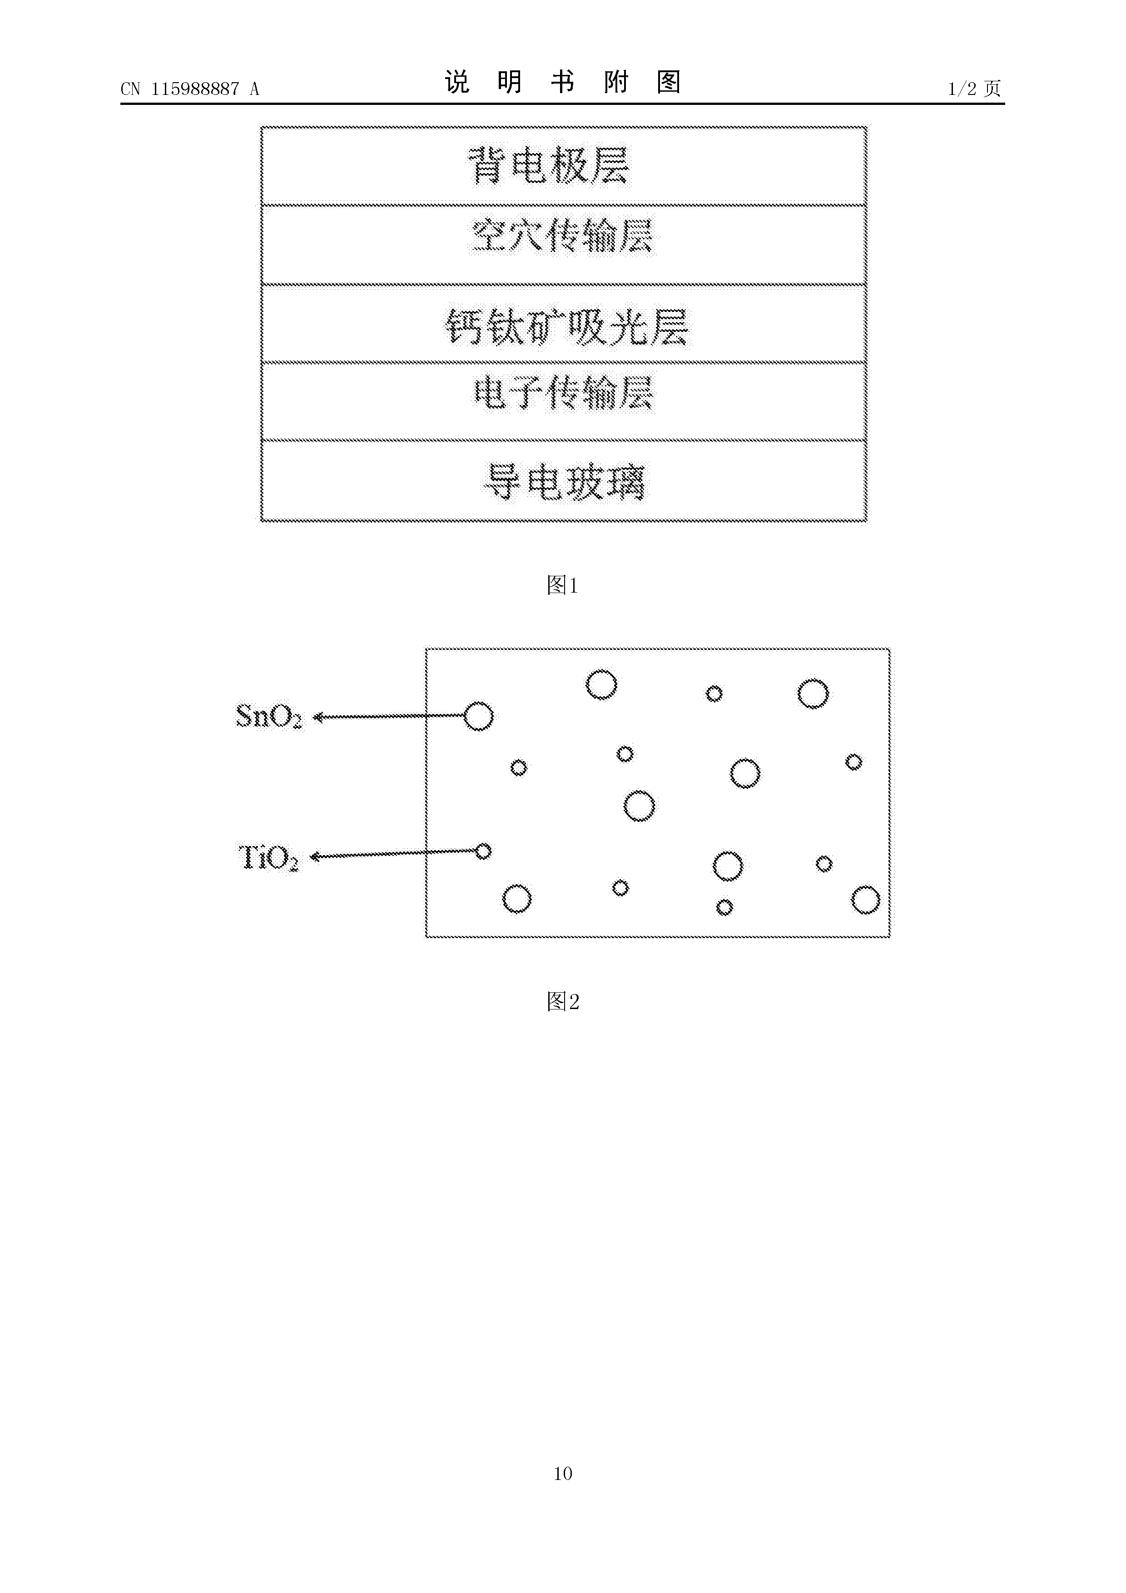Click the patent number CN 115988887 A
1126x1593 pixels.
pos(189,89)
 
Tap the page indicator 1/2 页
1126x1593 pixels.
pos(974,89)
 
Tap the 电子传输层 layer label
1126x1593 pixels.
pos(563,393)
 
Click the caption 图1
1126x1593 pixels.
pos(563,586)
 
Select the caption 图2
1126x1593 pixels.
pos(563,1001)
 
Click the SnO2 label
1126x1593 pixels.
pos(269,716)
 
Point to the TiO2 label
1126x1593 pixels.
pos(268,857)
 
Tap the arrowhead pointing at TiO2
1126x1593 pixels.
pos(314,857)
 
